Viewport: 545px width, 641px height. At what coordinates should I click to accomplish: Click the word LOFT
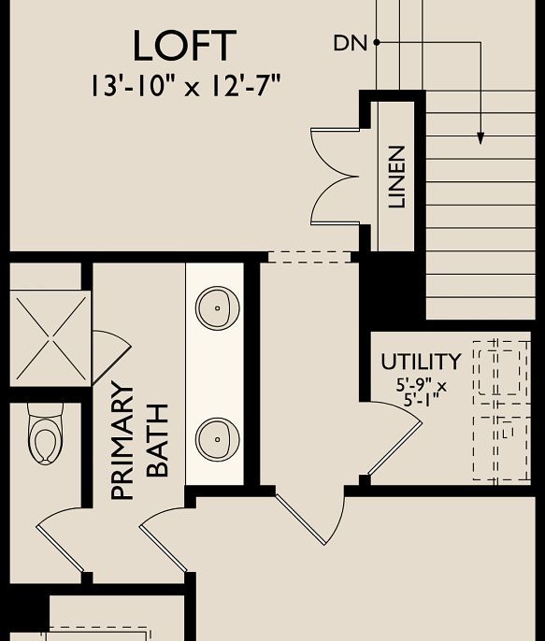[x=184, y=46]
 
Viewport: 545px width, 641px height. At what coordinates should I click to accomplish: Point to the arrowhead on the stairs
[x=481, y=138]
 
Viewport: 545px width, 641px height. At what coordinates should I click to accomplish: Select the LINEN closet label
[x=397, y=177]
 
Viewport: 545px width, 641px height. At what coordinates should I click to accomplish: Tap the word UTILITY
[x=421, y=362]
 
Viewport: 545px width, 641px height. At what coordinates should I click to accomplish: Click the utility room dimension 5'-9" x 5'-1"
[x=421, y=391]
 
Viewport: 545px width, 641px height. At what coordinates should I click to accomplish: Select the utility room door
[x=393, y=444]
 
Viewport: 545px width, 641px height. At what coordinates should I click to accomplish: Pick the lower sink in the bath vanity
[x=217, y=437]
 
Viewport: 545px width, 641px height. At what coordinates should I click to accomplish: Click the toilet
[x=44, y=434]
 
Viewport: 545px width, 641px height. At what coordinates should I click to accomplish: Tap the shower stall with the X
[x=49, y=337]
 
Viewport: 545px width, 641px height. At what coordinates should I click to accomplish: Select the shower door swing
[x=108, y=354]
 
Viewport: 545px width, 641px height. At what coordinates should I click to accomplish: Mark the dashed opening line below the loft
[x=308, y=257]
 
